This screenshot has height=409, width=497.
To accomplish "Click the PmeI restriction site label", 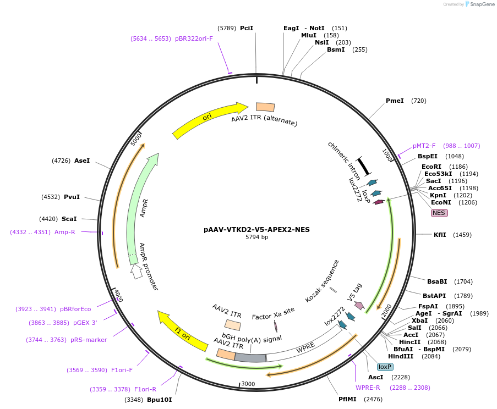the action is click(395, 101).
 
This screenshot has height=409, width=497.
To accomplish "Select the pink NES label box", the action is click(439, 213).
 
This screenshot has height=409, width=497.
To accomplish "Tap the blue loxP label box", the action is click(385, 367).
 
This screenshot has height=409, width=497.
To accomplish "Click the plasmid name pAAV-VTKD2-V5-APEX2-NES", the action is click(256, 229).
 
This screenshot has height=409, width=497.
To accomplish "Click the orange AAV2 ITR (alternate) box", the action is click(265, 108).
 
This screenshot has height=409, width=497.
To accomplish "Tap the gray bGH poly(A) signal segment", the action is click(250, 357).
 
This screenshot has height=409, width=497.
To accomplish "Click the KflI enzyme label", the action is click(440, 235).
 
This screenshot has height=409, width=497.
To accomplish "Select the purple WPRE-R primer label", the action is click(368, 388).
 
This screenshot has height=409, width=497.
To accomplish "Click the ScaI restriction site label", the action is click(69, 218).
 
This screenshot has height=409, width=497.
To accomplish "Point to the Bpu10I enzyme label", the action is click(160, 399).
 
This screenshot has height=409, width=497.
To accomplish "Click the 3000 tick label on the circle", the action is click(248, 384).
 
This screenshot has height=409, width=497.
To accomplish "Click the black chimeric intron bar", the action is click(363, 166).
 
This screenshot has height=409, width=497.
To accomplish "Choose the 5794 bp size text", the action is click(256, 237).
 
